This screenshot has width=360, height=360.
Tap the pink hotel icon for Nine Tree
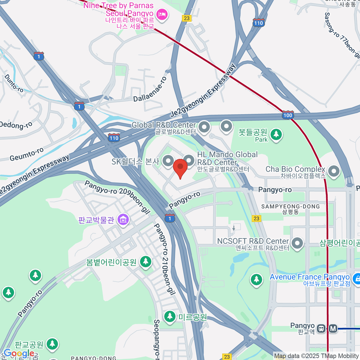click(x=162, y=14)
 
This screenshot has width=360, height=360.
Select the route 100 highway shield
click(x=288, y=115)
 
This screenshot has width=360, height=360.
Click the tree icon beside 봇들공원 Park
click(x=276, y=134)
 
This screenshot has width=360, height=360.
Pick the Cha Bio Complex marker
click(x=334, y=171)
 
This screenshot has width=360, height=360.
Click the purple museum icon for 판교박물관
click(x=123, y=220)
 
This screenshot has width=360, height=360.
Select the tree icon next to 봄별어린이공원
click(x=145, y=262)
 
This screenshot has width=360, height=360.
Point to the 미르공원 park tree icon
click(x=170, y=316)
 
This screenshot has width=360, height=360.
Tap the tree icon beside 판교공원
click(x=52, y=344)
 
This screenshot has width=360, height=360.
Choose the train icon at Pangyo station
click(x=321, y=328)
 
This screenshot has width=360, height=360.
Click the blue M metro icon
click(x=333, y=328)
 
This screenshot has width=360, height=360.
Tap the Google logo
click(x=19, y=353)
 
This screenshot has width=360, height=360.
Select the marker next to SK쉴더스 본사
click(x=168, y=161)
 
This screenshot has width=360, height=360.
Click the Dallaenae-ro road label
click(x=150, y=89)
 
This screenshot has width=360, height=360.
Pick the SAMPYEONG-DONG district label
click(x=290, y=206)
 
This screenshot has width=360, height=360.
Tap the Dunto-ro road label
click(x=14, y=83)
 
